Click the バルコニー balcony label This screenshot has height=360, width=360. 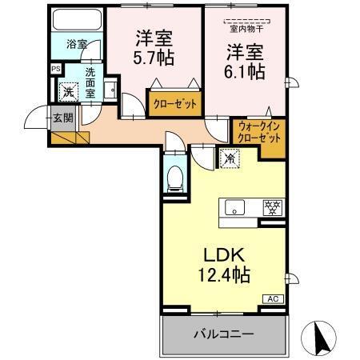click(223, 333)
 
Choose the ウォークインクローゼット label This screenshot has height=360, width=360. click(258, 131)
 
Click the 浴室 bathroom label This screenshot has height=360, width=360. click(76, 45)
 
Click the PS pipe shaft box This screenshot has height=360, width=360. click(55, 70)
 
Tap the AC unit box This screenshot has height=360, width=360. click(272, 298)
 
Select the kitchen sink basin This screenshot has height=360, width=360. click(234, 206)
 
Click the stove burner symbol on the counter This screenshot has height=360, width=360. click(273, 206)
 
